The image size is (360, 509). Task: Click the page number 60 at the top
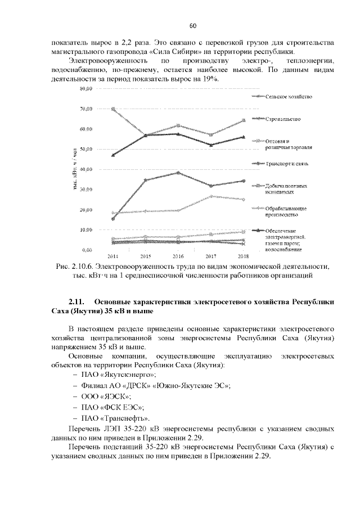coord(192,26)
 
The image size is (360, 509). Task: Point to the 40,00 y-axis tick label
coord(85,169)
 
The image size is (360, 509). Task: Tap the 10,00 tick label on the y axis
coord(85,229)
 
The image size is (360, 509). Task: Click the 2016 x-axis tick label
coord(178,255)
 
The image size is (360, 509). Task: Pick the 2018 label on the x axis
coord(243,255)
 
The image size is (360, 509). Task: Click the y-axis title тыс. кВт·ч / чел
coord(74,169)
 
